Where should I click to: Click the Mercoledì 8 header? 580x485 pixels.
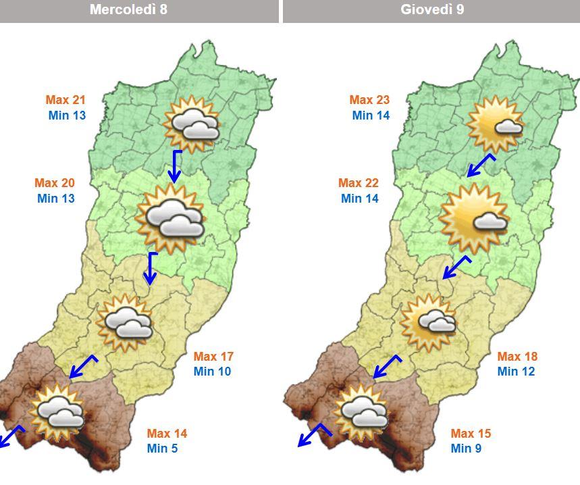pyautogui.click(x=138, y=9)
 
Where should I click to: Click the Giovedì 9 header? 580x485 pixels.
pyautogui.click(x=432, y=9)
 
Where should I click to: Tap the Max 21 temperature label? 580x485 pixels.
pyautogui.click(x=65, y=100)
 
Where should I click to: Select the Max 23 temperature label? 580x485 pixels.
pyautogui.click(x=369, y=100)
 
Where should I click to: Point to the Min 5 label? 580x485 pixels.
pyautogui.click(x=162, y=449)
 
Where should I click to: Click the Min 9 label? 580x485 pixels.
pyautogui.click(x=466, y=449)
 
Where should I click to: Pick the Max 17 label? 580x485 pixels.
pyautogui.click(x=213, y=356)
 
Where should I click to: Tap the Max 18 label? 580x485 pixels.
pyautogui.click(x=517, y=356)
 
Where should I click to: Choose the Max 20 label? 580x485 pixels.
pyautogui.click(x=55, y=183)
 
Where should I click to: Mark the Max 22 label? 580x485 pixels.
pyautogui.click(x=359, y=183)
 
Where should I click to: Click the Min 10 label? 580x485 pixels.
pyautogui.click(x=212, y=372)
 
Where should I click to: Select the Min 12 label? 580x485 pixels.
pyautogui.click(x=516, y=372)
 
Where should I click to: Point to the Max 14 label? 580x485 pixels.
pyautogui.click(x=167, y=434)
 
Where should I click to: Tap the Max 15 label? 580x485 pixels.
pyautogui.click(x=471, y=434)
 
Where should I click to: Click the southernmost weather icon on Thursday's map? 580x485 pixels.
pyautogui.click(x=363, y=411)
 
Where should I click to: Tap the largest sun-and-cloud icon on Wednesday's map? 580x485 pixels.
pyautogui.click(x=170, y=218)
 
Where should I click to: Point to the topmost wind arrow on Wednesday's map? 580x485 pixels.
pyautogui.click(x=176, y=166)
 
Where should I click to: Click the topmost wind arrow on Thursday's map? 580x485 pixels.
pyautogui.click(x=481, y=164)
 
